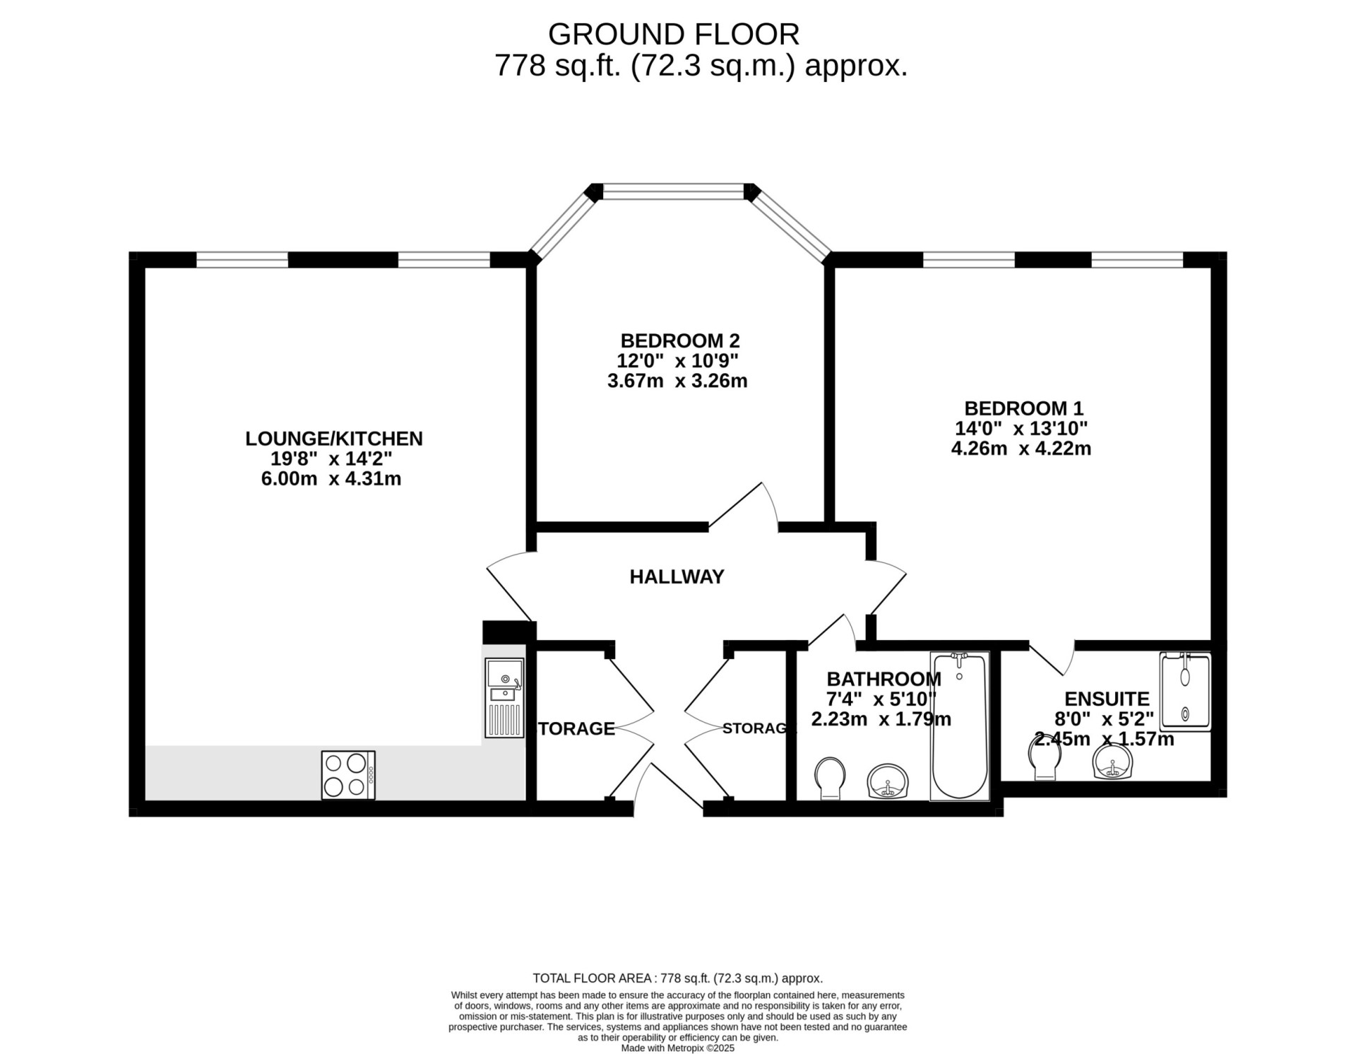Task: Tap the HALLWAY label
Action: click(677, 577)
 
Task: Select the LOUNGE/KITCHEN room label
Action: click(333, 439)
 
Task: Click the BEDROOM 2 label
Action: click(679, 341)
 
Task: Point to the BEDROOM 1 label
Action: click(1023, 408)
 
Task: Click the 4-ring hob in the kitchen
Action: click(348, 775)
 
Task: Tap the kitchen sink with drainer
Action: click(504, 698)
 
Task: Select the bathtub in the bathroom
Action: click(959, 726)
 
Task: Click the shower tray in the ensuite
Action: click(1185, 691)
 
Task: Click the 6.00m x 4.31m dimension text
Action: click(331, 479)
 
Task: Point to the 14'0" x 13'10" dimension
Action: click(1021, 428)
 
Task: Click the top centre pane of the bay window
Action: click(674, 191)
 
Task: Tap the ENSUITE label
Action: click(1107, 699)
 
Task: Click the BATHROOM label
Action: click(884, 679)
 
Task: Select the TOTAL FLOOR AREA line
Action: click(677, 978)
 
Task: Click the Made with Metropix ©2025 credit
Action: click(677, 1048)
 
